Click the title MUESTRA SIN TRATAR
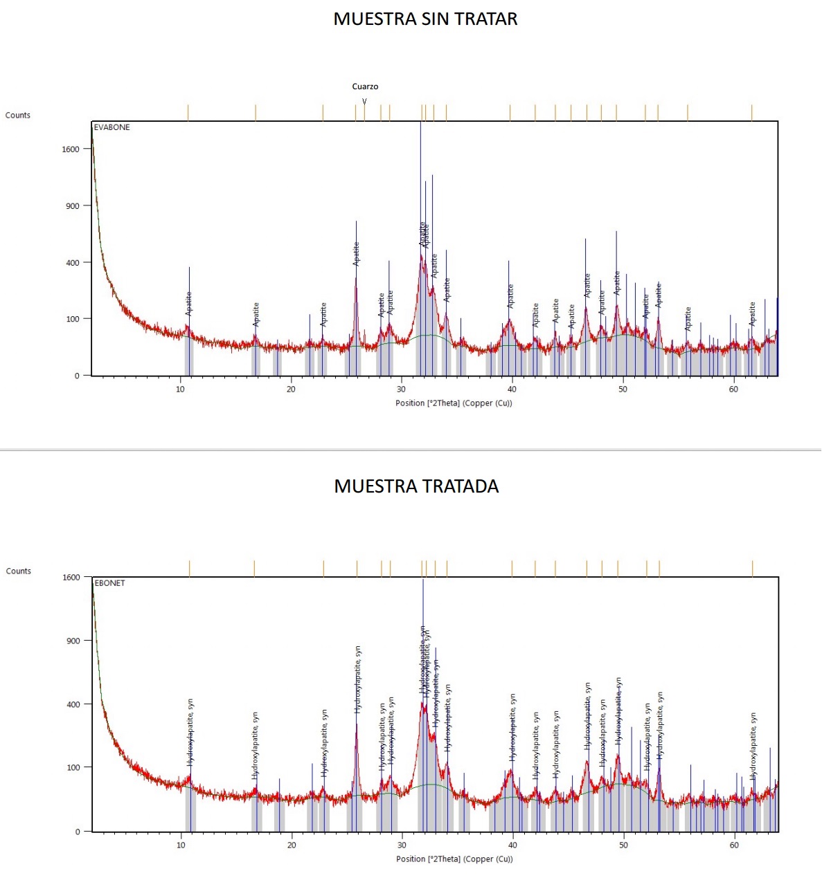pyautogui.click(x=425, y=19)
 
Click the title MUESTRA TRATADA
pyautogui.click(x=416, y=486)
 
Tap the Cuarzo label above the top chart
pyautogui.click(x=365, y=86)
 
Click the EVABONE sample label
pyautogui.click(x=111, y=127)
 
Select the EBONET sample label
pyautogui.click(x=109, y=583)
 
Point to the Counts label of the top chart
pyautogui.click(x=18, y=116)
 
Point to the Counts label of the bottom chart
pyautogui.click(x=19, y=571)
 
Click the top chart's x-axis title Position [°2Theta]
pyautogui.click(x=454, y=403)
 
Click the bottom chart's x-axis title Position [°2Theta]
pyautogui.click(x=454, y=859)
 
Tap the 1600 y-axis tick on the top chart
pyautogui.click(x=71, y=149)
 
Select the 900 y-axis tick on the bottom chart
pyautogui.click(x=73, y=641)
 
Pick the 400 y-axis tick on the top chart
pyautogui.click(x=73, y=263)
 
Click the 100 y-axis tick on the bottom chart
pyautogui.click(x=73, y=768)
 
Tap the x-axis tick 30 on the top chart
pyautogui.click(x=402, y=389)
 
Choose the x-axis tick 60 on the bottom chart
pyautogui.click(x=734, y=845)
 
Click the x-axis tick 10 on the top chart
pyautogui.click(x=180, y=389)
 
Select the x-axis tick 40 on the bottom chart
pyautogui.click(x=512, y=845)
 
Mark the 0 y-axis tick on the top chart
pyautogui.click(x=77, y=376)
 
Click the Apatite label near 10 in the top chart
pyautogui.click(x=188, y=304)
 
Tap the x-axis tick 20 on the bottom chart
pyautogui.click(x=292, y=845)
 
